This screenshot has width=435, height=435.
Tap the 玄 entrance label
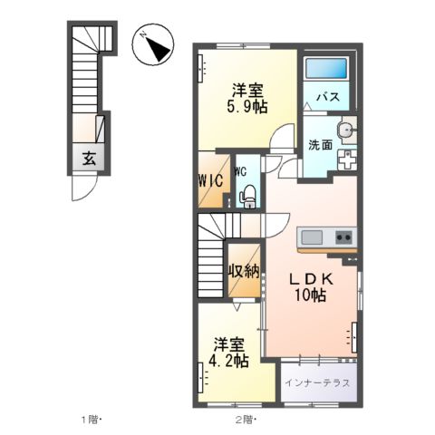click(x=90, y=157)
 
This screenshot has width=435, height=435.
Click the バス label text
click(x=327, y=98)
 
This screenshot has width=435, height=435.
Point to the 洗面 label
click(x=318, y=145)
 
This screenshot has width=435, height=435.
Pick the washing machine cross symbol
click(x=347, y=159)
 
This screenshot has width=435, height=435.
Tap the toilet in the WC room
click(x=246, y=194)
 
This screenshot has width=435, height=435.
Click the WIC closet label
click(x=211, y=178)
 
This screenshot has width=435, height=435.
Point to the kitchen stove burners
click(x=344, y=237)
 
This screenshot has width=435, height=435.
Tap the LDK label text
click(x=310, y=280)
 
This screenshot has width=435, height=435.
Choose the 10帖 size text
click(x=310, y=296)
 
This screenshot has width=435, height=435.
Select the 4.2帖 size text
click(x=228, y=362)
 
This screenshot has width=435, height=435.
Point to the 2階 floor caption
click(x=246, y=420)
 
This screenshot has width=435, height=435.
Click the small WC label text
click(x=243, y=170)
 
